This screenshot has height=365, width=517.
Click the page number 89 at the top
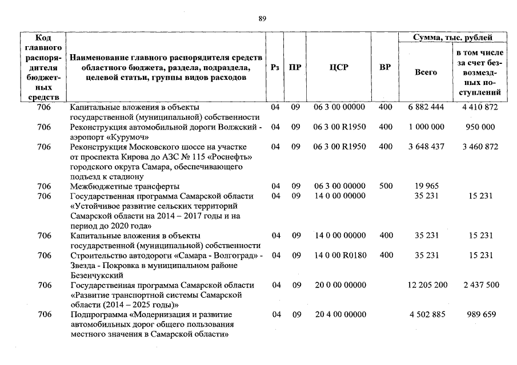pos(262,18)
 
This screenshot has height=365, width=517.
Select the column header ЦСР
pos(339,67)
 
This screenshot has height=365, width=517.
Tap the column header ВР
pos(385,67)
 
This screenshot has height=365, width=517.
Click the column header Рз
pos(275,67)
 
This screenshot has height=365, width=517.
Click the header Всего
pos(426,72)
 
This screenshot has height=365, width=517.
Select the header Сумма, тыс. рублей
pos(452,38)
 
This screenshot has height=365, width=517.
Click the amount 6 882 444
pos(426,107)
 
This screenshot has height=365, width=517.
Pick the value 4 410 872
pos(480,107)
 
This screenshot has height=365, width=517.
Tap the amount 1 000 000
pos(426,127)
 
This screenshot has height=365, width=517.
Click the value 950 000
pos(480,127)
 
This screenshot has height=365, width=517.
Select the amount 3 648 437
pos(426,147)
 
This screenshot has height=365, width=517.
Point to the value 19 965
pos(426,186)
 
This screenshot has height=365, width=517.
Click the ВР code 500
pos(386,186)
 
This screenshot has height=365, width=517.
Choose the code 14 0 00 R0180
pos(340,255)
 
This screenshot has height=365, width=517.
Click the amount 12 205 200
pos(428,285)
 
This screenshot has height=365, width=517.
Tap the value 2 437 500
pos(480,285)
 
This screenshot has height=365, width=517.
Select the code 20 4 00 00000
pos(340,314)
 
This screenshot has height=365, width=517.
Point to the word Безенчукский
pos(98,275)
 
